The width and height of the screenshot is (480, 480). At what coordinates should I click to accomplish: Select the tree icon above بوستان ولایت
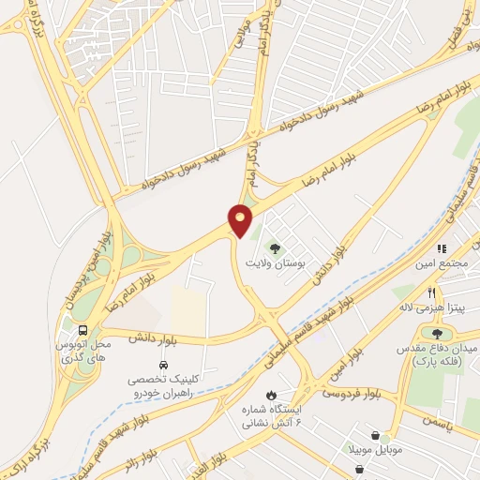coord(275,248)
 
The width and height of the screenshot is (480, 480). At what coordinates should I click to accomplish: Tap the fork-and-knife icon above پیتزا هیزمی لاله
coord(431,292)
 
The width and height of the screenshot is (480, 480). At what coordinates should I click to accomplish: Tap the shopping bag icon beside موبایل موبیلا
coord(376,436)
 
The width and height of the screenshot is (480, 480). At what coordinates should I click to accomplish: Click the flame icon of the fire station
coord(272,395)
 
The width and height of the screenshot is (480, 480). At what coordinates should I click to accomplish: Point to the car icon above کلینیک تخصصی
coord(163,364)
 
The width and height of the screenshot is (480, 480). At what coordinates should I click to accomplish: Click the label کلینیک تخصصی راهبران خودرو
coord(165,386)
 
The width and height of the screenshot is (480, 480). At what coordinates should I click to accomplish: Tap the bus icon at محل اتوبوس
coord(83,331)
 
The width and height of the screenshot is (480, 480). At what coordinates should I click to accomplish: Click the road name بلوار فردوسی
coord(349,390)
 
